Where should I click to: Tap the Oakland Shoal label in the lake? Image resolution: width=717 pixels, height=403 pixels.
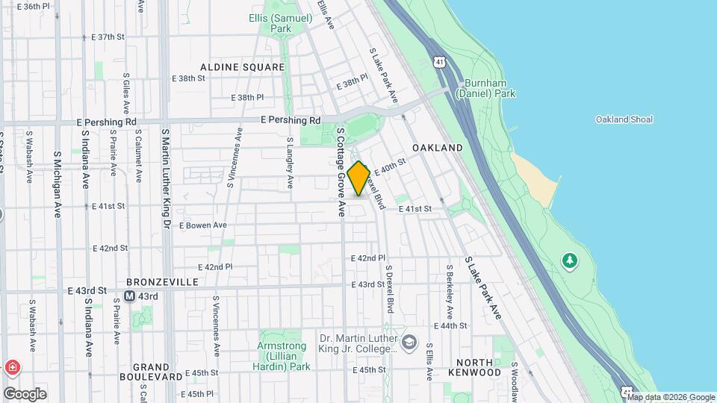(624, 119)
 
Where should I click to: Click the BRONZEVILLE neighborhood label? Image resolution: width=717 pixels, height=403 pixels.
(162, 282)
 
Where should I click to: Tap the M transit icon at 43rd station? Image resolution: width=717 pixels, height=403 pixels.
(129, 296)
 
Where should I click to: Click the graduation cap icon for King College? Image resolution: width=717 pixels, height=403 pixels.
(409, 343)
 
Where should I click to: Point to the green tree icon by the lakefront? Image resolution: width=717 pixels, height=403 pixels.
(570, 260)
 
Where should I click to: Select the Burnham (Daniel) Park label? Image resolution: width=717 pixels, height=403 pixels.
(490, 88)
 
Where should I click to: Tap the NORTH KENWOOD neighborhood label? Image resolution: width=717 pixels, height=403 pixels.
(475, 366)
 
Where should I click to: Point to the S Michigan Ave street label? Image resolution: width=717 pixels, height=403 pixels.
(57, 184)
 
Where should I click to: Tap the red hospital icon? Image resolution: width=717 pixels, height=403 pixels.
(12, 368)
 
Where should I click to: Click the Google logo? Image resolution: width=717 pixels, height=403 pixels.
(25, 393)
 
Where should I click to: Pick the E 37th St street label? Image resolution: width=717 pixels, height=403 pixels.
(107, 37)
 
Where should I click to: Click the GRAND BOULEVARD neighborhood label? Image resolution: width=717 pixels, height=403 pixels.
(152, 372)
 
